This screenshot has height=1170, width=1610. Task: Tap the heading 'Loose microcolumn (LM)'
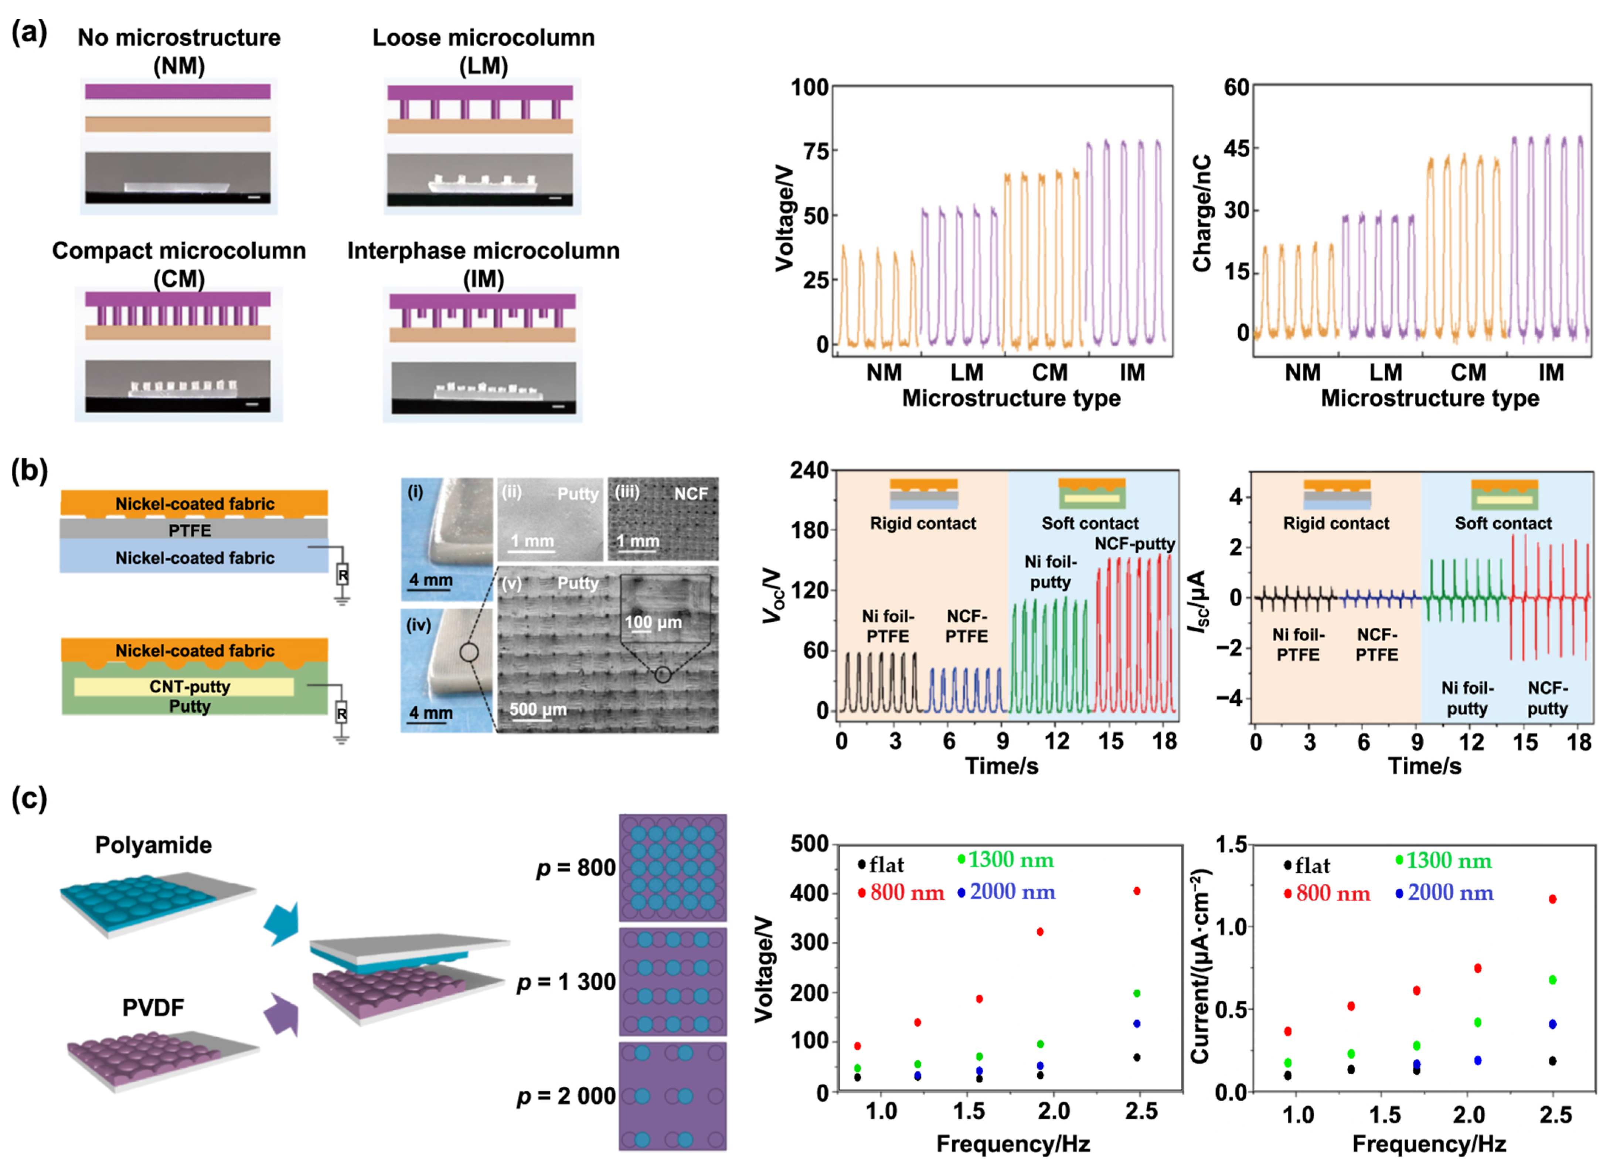483,51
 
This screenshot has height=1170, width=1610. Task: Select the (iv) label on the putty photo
418,625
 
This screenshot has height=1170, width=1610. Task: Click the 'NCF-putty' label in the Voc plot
1134,544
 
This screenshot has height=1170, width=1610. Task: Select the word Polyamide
153,845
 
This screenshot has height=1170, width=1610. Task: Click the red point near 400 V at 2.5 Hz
1137,891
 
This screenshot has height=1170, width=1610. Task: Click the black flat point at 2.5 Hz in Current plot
1552,1061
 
